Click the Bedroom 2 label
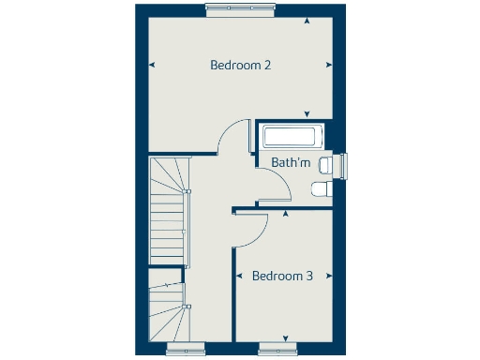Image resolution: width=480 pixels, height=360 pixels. click(x=241, y=66)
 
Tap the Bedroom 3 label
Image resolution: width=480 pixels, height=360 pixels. click(x=282, y=277)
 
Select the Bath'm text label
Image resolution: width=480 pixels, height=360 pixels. click(x=291, y=163)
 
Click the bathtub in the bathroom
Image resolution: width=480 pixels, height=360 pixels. click(x=292, y=137)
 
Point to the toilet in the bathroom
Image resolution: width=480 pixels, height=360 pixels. click(x=321, y=190)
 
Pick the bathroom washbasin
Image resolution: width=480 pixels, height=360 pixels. click(x=324, y=166)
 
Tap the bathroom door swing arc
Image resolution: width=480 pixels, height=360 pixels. click(x=278, y=187)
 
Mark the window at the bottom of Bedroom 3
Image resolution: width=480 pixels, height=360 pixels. click(x=285, y=350)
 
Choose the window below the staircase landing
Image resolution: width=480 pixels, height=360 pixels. click(x=186, y=350)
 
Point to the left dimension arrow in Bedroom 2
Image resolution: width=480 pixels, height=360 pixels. click(x=152, y=65)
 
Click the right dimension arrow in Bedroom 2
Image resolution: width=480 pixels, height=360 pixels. click(x=328, y=65)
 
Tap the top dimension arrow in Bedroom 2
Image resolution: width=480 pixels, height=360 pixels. click(x=306, y=19)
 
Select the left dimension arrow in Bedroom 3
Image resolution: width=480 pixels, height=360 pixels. click(x=240, y=277)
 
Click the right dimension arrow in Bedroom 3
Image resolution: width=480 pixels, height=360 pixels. click(x=328, y=277)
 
